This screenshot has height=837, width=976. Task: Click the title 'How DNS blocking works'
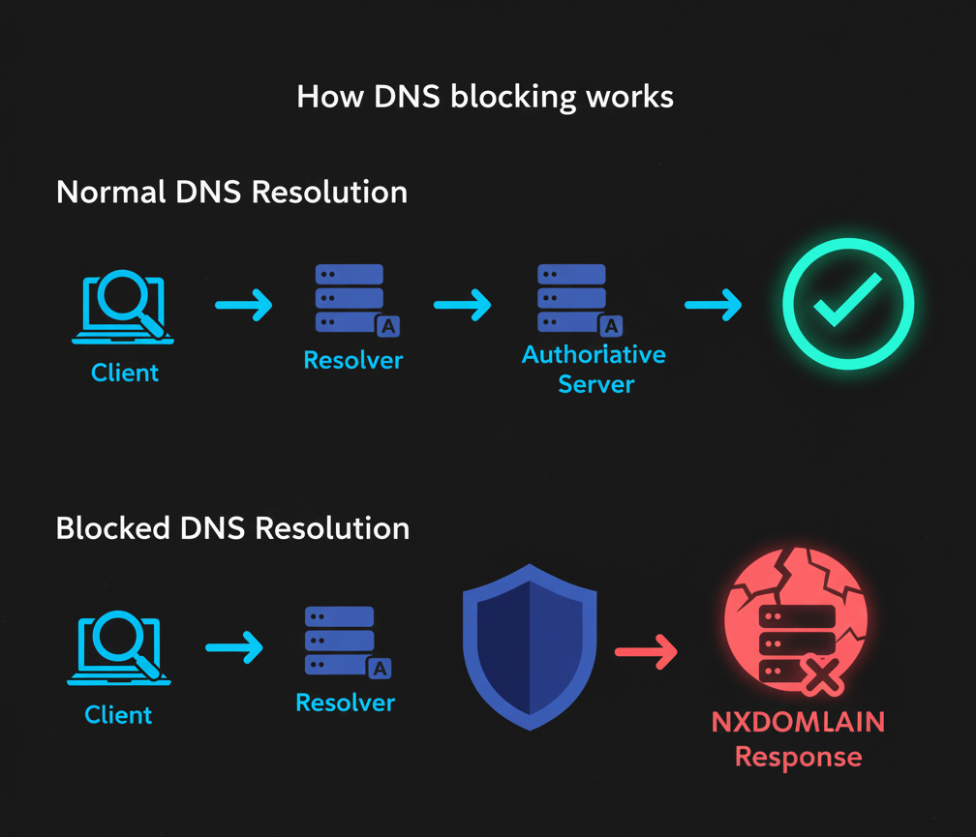coord(485,98)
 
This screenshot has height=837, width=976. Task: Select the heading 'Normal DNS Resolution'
coord(231,192)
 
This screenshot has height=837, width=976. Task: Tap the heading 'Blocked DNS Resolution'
coord(232,528)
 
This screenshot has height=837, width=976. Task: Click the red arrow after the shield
coord(646,653)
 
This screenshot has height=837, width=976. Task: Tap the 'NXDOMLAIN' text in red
coord(798,722)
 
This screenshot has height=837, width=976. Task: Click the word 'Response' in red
coord(798,756)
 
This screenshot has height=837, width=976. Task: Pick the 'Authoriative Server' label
coord(595,369)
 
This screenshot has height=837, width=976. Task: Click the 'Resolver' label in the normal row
coord(352,361)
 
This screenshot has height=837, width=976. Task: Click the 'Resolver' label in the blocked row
coord(345,702)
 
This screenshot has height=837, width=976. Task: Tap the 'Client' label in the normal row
coord(125,372)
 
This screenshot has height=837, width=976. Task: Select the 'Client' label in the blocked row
coord(118,715)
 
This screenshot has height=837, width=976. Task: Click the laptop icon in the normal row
coord(124,308)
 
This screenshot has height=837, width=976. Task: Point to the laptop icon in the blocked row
coord(118,649)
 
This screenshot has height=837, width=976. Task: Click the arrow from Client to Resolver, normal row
coord(243,306)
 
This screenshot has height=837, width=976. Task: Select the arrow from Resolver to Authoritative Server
coord(462,306)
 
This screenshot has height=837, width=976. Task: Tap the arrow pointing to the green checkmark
coord(713,306)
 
